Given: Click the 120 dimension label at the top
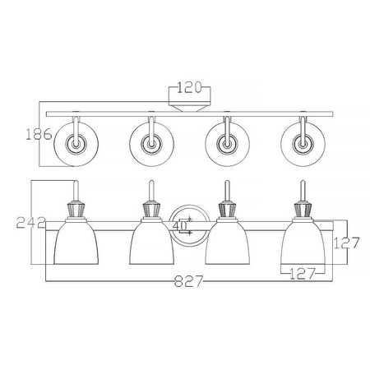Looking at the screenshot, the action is (189, 87).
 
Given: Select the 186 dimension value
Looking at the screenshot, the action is (39, 134).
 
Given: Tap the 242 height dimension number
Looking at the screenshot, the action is (30, 222).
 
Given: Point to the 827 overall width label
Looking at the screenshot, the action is (189, 281).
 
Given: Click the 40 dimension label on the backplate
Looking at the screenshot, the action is (180, 225).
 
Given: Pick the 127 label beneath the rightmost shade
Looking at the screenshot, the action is (303, 274).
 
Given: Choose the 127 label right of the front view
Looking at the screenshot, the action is (346, 243).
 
